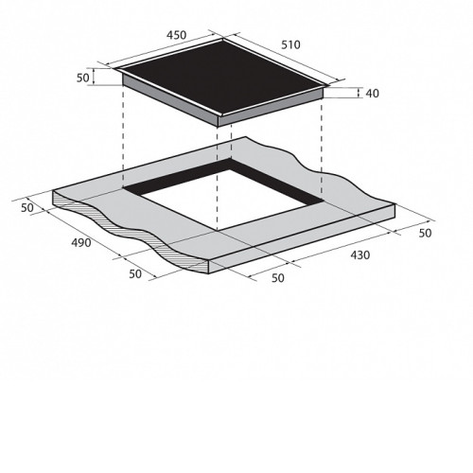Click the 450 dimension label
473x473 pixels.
[177, 35]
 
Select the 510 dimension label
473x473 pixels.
[290, 44]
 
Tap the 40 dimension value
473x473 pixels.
[373, 94]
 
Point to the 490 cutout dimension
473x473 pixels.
[81, 242]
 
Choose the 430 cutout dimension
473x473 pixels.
[360, 254]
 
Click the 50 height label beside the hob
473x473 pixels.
[83, 78]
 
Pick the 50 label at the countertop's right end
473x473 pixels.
[425, 233]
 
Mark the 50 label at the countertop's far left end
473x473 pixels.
[27, 208]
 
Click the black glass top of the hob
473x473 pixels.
[222, 77]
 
